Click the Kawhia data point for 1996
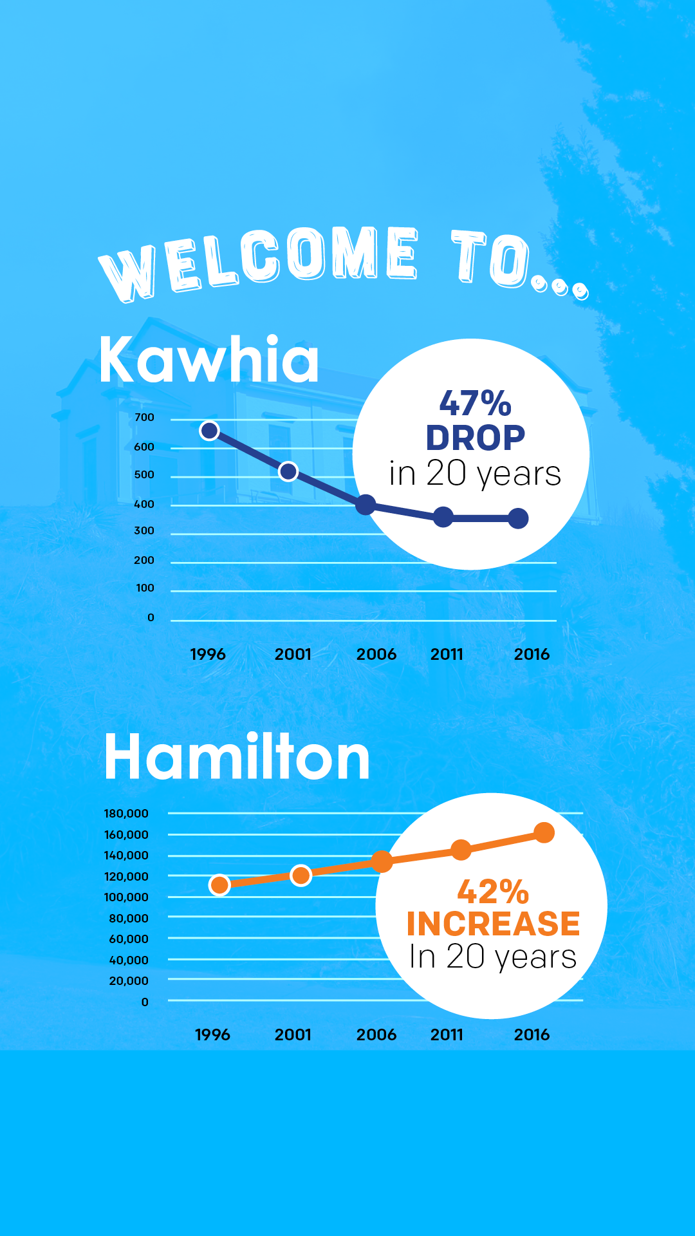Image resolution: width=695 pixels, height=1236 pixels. [x=209, y=431]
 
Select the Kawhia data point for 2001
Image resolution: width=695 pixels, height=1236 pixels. [x=288, y=472]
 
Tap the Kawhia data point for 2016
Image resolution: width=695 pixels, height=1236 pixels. [x=518, y=518]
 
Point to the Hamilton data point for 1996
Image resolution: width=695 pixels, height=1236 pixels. [x=219, y=885]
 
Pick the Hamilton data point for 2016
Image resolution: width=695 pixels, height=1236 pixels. [x=544, y=832]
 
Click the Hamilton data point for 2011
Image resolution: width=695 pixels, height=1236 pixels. [x=461, y=850]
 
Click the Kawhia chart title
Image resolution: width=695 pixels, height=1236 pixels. [x=209, y=360]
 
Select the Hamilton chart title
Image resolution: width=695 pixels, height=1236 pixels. [x=237, y=758]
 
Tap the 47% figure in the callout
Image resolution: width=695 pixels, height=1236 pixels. [x=475, y=404]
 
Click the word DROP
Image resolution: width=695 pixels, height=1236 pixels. [x=475, y=438]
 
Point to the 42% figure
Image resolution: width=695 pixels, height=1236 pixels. [x=493, y=892]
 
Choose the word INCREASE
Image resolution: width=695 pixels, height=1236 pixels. [x=493, y=924]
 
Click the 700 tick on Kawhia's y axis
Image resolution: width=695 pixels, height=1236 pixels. [x=144, y=418]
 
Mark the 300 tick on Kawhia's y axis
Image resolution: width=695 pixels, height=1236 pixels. [x=144, y=531]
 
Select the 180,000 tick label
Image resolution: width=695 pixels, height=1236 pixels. [x=126, y=814]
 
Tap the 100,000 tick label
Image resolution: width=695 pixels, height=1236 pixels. [x=126, y=897]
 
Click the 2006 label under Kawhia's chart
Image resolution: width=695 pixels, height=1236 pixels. [x=376, y=655]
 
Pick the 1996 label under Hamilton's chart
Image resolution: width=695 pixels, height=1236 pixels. [x=212, y=1035]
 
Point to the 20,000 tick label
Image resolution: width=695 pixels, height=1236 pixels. [x=129, y=981]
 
